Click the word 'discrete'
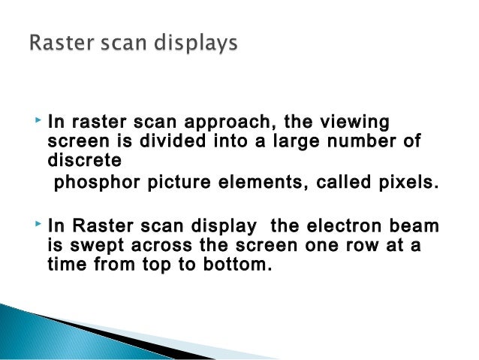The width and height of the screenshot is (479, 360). (x=79, y=159)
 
